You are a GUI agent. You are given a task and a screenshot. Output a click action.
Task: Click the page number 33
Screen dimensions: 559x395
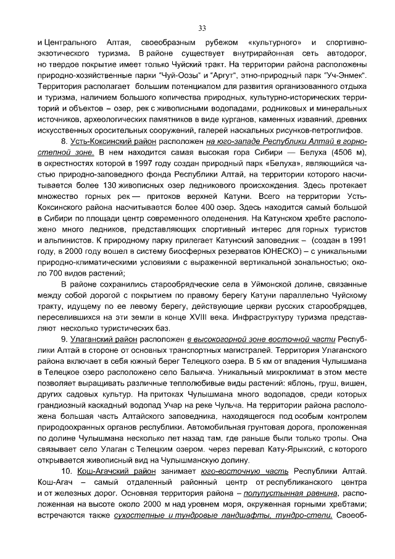point(202,28)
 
